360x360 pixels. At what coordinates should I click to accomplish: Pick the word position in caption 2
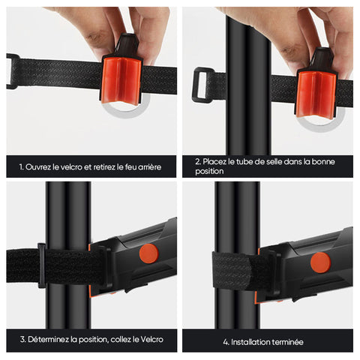point(209,172)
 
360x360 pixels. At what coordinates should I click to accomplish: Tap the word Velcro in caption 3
point(152,340)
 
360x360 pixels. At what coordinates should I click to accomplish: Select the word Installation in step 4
point(247,342)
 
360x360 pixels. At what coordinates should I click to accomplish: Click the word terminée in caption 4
point(285,342)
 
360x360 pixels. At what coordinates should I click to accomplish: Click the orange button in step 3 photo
point(149,253)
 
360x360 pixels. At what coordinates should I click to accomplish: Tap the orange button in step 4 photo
point(320,262)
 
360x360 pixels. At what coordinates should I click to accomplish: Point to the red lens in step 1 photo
point(121,80)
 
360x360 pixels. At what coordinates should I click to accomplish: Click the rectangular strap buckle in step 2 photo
point(201,85)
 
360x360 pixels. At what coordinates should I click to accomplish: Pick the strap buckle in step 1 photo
point(11,71)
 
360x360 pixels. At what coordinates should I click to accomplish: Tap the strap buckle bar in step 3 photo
point(41,265)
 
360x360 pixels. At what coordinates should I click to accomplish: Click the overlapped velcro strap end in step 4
point(232,271)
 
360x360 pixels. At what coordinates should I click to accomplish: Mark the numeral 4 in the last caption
point(226,342)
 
